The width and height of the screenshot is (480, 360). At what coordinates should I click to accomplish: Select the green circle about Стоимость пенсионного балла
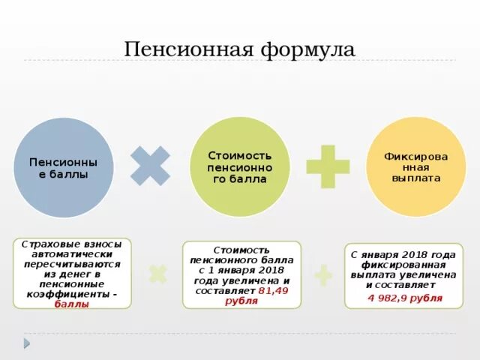239,167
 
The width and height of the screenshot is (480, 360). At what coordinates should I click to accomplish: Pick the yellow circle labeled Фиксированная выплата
415,167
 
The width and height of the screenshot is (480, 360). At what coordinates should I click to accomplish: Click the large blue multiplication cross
150,165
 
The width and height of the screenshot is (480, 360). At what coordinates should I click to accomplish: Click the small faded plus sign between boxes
323,275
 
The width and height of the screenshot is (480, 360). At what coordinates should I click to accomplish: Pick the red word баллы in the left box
72,304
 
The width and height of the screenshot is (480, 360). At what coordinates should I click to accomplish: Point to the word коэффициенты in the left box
66,295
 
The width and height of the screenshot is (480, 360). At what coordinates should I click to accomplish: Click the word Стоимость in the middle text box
241,248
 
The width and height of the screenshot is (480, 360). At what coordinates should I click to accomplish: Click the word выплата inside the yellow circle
415,178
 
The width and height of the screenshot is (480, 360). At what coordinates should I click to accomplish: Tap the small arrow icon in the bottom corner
27,343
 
